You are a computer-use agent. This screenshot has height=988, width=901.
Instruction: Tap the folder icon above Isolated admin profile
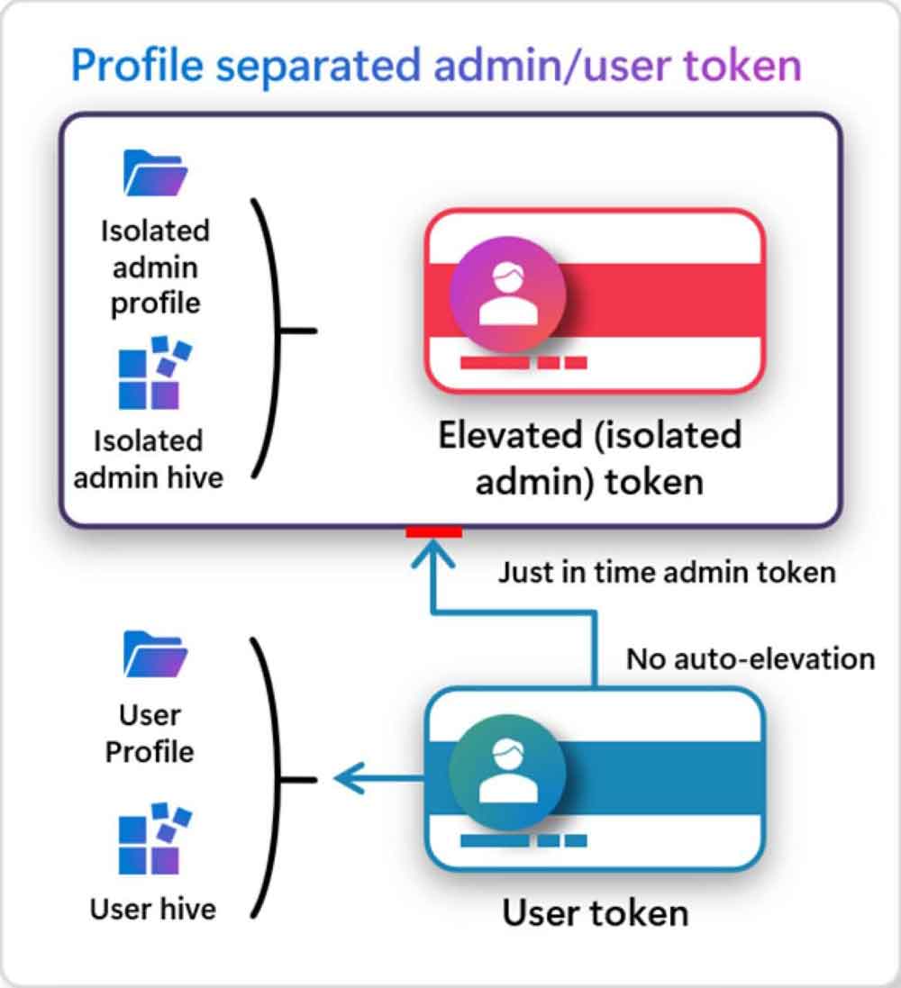click(154, 174)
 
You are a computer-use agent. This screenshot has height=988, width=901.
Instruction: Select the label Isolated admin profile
click(155, 267)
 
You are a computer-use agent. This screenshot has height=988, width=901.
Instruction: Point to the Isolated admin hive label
click(149, 458)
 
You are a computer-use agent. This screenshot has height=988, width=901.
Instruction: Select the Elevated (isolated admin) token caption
click(589, 458)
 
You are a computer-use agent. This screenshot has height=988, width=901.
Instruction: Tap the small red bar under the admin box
click(433, 532)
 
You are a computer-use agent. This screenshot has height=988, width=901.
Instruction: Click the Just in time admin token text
click(667, 572)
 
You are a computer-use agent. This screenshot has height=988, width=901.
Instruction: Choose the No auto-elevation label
click(751, 658)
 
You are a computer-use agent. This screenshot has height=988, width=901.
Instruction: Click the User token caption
click(596, 912)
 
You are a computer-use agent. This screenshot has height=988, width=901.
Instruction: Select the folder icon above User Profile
click(154, 655)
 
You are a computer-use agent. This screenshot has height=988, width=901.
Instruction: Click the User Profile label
click(150, 733)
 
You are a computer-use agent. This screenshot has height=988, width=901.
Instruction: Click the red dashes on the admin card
click(523, 363)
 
